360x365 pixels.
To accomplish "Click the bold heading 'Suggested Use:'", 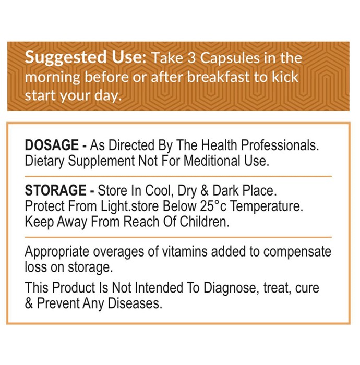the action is click(x=85, y=57).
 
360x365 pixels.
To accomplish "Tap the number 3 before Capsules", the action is click(x=191, y=58).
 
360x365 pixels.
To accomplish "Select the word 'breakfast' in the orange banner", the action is click(x=219, y=77).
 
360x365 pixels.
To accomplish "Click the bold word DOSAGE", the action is click(x=52, y=145).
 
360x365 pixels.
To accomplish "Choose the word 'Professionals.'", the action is click(x=280, y=145).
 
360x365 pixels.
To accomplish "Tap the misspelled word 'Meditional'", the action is click(x=212, y=161).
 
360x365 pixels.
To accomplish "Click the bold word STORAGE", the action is click(x=55, y=190).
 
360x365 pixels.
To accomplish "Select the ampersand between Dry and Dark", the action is click(x=204, y=190).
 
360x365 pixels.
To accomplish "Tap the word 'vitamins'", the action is click(x=184, y=251).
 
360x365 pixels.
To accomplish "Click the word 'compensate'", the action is click(x=297, y=252).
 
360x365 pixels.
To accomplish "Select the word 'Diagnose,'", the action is click(x=232, y=288).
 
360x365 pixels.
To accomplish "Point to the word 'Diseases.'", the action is click(x=135, y=303).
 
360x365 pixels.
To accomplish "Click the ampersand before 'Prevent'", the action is click(x=29, y=303).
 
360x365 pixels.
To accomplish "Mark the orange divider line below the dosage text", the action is click(x=178, y=176).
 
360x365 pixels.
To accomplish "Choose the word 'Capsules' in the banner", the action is click(x=230, y=58).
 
